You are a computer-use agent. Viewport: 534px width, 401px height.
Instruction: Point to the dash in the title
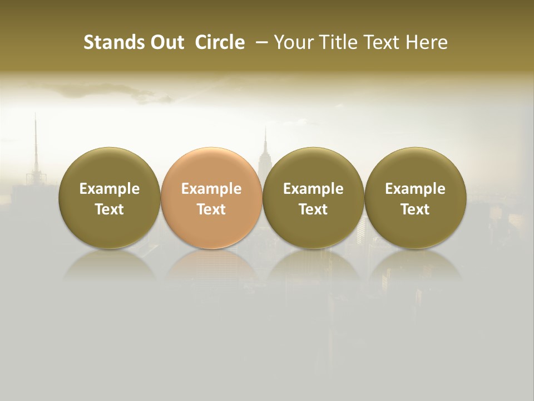point(260,42)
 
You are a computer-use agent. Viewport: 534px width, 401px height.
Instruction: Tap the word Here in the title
point(426,42)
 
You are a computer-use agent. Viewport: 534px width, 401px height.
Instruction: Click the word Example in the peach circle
point(211,189)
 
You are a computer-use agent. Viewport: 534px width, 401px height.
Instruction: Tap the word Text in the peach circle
point(211,209)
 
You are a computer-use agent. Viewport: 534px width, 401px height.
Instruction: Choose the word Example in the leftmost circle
point(110,189)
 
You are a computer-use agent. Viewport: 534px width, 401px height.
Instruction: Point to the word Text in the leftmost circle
point(110,209)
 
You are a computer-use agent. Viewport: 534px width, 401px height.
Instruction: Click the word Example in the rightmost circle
point(415,189)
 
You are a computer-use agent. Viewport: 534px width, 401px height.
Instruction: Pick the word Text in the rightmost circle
point(415,209)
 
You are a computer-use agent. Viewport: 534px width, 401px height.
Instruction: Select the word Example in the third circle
point(313,189)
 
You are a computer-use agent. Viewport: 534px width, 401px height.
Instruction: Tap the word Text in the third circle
point(313,209)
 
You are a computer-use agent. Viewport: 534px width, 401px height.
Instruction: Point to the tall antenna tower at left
point(36,145)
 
